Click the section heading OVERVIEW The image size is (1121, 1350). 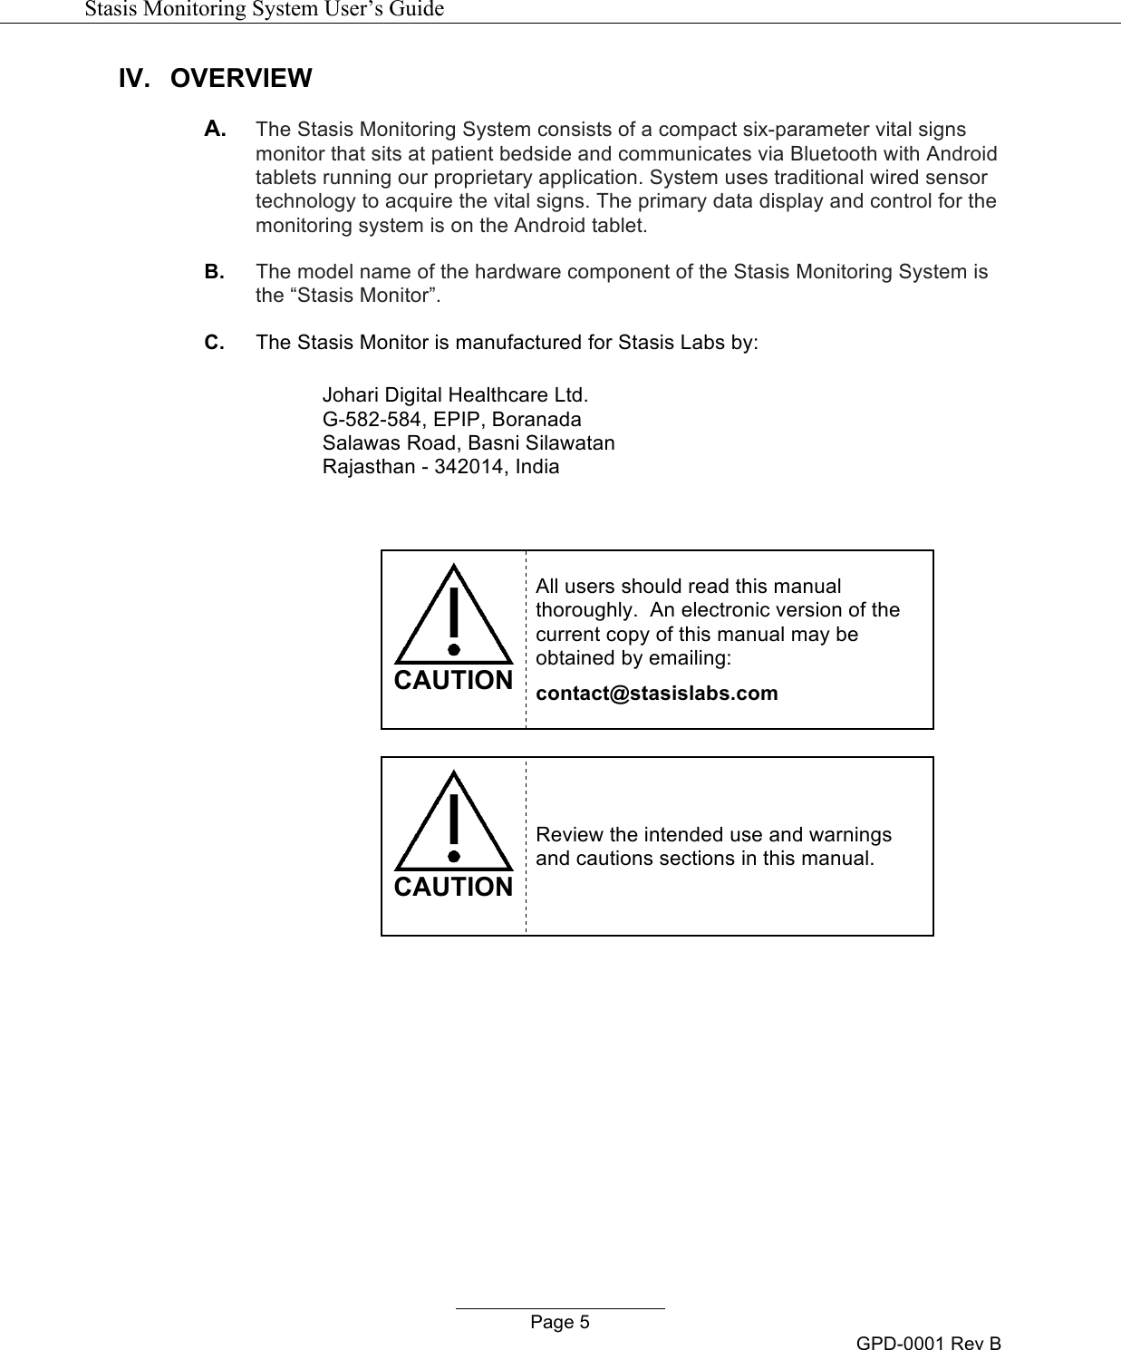(x=240, y=79)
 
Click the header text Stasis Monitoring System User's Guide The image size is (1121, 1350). (x=264, y=10)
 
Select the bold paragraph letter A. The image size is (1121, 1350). (x=216, y=130)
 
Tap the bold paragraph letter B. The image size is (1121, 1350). (x=216, y=271)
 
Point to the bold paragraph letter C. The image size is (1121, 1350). (x=216, y=342)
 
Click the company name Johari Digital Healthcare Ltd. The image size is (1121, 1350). (x=455, y=396)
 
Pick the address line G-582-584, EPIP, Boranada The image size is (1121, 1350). (x=452, y=420)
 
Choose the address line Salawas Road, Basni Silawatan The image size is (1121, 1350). (x=469, y=443)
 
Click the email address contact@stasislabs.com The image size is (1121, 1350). (x=657, y=694)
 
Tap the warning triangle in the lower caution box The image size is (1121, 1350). (x=453, y=821)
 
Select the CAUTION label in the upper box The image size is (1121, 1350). (x=453, y=681)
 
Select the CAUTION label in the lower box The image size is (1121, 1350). (x=453, y=888)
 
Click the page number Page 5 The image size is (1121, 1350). (x=559, y=1323)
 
